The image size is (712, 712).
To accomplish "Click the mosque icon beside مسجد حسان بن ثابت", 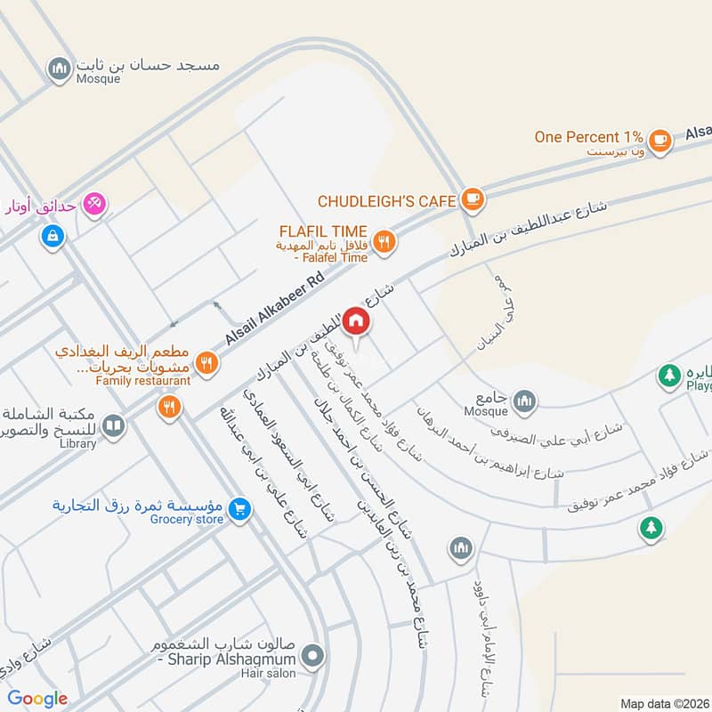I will click(x=60, y=68).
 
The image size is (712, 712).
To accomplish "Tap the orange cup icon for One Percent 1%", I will click(x=659, y=139).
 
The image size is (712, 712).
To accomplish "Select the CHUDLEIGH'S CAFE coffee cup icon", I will click(x=473, y=199).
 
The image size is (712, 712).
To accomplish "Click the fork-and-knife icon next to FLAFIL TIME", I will click(x=384, y=240).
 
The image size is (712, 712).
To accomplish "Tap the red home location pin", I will click(x=355, y=320).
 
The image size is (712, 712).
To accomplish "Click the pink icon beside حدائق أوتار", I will click(x=93, y=204).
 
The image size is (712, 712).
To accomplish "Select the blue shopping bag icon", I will click(x=53, y=237).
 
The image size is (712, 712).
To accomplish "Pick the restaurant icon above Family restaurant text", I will click(x=206, y=362).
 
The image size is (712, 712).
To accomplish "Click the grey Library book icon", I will click(x=112, y=426).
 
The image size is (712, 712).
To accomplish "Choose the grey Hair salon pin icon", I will click(x=311, y=659).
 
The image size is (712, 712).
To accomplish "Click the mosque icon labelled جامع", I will click(x=526, y=400).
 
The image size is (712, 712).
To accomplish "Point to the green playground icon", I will click(x=669, y=376).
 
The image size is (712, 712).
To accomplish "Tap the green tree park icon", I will click(x=651, y=528).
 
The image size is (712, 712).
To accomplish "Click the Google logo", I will click(x=38, y=699).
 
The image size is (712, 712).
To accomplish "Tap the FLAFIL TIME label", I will click(x=324, y=231).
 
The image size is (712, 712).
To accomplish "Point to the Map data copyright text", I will click(x=665, y=703).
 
